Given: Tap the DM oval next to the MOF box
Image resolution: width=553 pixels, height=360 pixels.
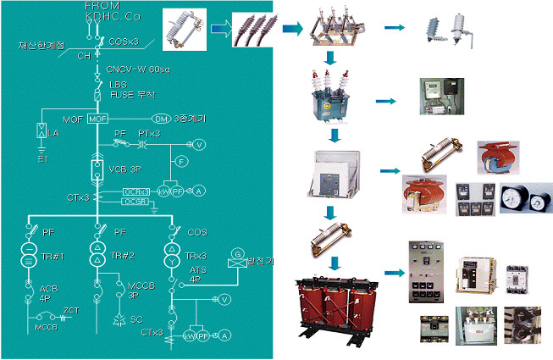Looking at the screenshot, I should pos(161,118).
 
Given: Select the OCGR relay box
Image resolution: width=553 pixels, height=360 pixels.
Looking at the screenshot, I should pos(135,202).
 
